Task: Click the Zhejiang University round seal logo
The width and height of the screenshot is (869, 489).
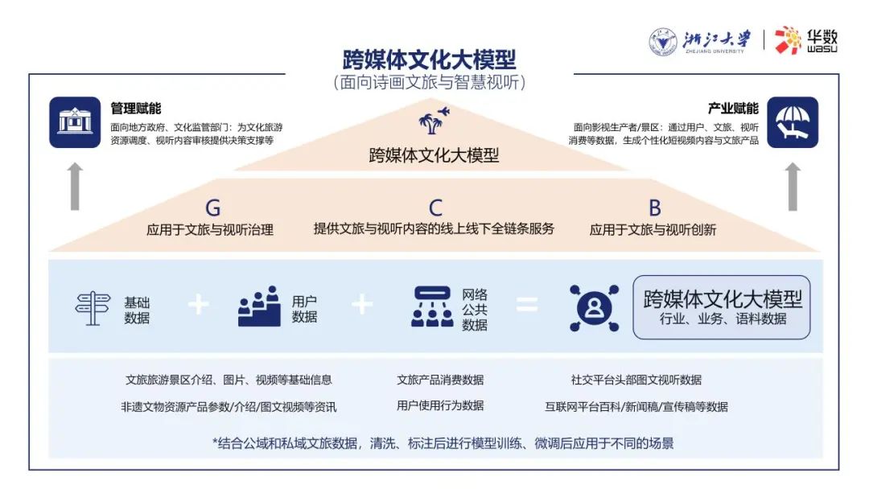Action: [x=663, y=42]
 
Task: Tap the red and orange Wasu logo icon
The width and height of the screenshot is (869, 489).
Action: [x=788, y=40]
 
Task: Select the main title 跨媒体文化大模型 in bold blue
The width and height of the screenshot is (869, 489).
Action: [x=430, y=60]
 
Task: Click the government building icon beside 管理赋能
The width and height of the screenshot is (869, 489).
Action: [x=75, y=122]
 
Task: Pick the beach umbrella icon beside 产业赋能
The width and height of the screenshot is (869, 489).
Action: [x=793, y=122]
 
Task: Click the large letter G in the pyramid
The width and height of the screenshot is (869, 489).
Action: [x=212, y=208]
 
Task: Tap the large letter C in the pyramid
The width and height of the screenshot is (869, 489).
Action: [x=435, y=208]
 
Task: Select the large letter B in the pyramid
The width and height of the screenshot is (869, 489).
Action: [x=654, y=208]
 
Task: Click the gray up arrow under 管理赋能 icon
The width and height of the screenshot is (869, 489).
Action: [x=76, y=187]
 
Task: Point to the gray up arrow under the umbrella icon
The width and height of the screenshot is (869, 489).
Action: [x=793, y=187]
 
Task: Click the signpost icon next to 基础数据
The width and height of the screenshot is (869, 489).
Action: [x=93, y=309]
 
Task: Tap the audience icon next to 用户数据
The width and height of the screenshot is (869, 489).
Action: [x=259, y=306]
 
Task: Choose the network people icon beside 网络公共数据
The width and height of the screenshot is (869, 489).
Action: [x=432, y=306]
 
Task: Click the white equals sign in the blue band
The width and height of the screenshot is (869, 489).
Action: [x=527, y=305]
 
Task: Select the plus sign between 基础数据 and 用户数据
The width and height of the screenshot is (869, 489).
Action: [x=199, y=305]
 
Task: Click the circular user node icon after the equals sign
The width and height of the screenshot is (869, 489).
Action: [x=594, y=308]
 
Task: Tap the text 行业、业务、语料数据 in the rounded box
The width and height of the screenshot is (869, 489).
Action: [x=723, y=319]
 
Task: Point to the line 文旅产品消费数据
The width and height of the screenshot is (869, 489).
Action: [x=440, y=380]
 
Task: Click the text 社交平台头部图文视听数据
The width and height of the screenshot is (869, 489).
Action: [x=636, y=380]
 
